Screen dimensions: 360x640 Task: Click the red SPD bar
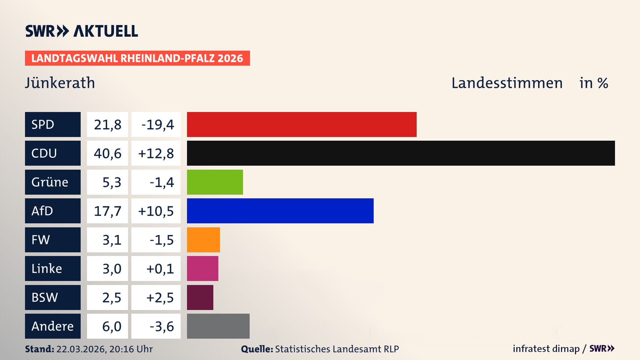[x=302, y=124]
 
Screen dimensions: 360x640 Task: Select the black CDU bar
[x=401, y=153]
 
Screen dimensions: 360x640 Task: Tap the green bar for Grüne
[x=215, y=182]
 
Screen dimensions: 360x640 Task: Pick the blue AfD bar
[x=280, y=211]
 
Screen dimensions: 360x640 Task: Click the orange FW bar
[x=203, y=240]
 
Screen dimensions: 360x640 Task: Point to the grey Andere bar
[x=218, y=326]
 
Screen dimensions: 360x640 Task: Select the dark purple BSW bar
[x=200, y=297]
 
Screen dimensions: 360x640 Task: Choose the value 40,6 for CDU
[x=107, y=153]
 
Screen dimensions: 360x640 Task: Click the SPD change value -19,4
[x=157, y=125]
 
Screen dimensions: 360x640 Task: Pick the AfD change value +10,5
[x=156, y=211]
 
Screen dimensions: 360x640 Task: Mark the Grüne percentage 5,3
[x=111, y=182]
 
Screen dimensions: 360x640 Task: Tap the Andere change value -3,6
[x=161, y=326]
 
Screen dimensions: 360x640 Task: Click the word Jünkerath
[x=60, y=83]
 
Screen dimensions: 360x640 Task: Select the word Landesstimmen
[x=507, y=83]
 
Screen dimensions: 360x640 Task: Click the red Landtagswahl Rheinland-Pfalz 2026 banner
[x=137, y=58]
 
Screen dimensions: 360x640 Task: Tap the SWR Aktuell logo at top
[x=82, y=31]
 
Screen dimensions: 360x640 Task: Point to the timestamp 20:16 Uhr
[x=131, y=349]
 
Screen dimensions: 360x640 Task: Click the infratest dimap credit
[x=546, y=349]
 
